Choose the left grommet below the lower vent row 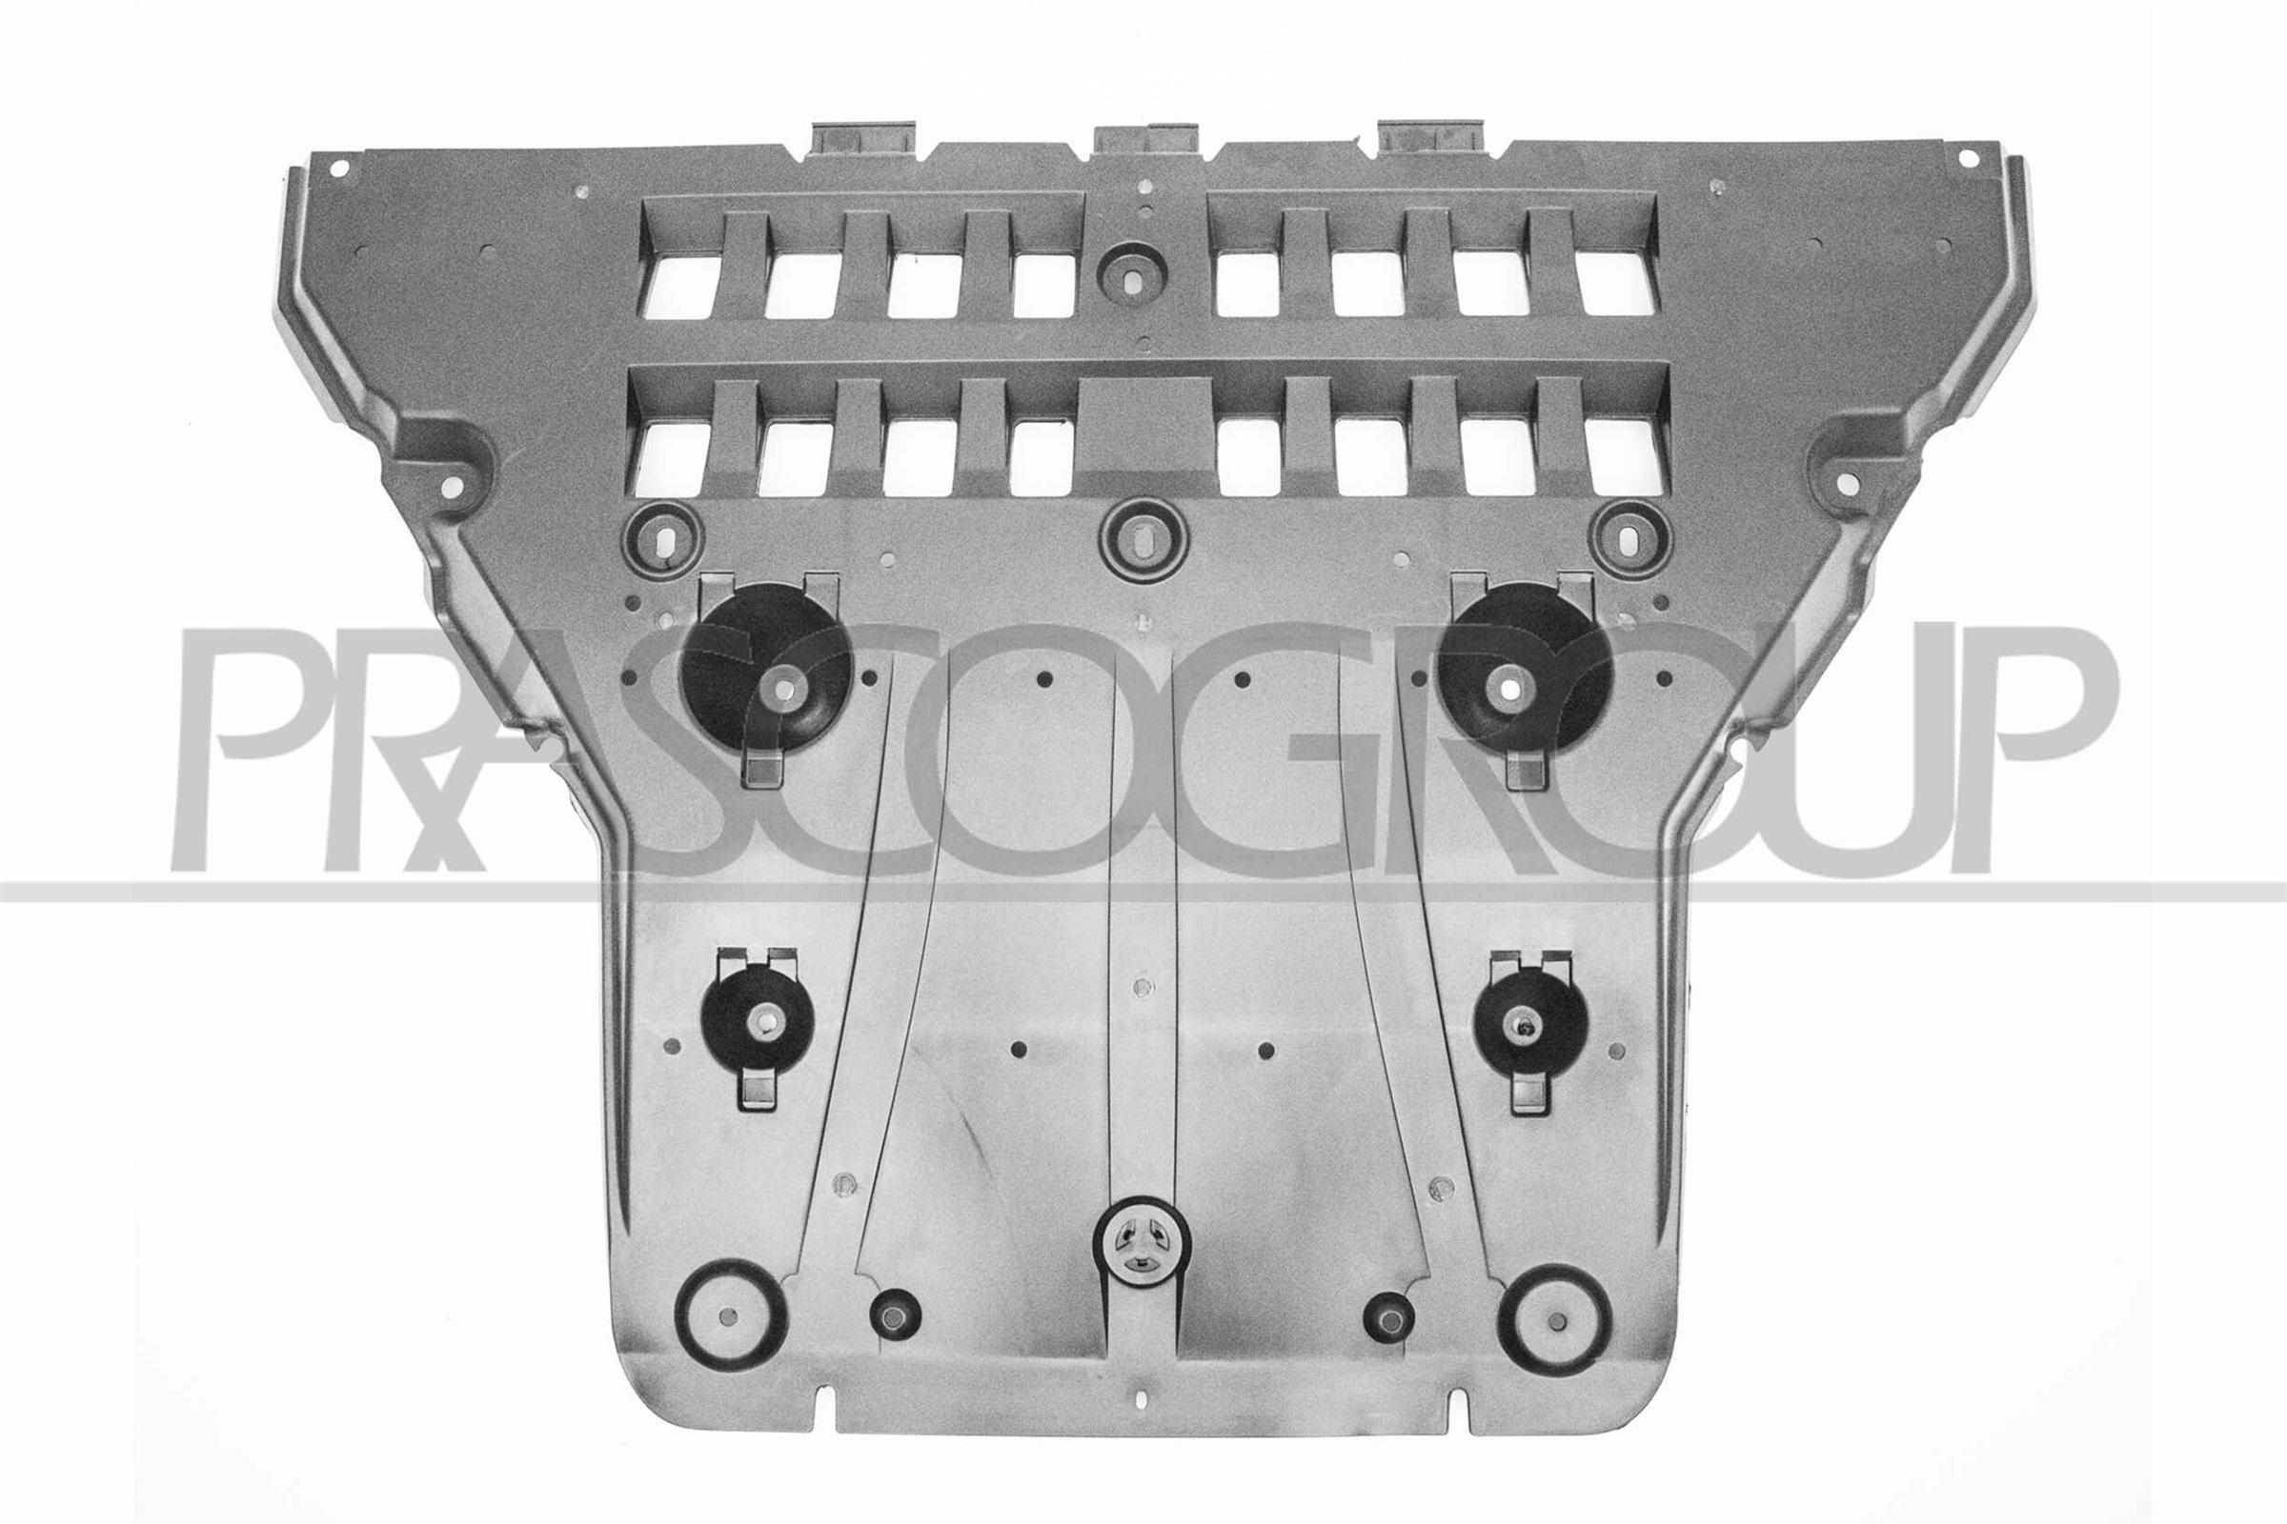pos(665,538)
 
